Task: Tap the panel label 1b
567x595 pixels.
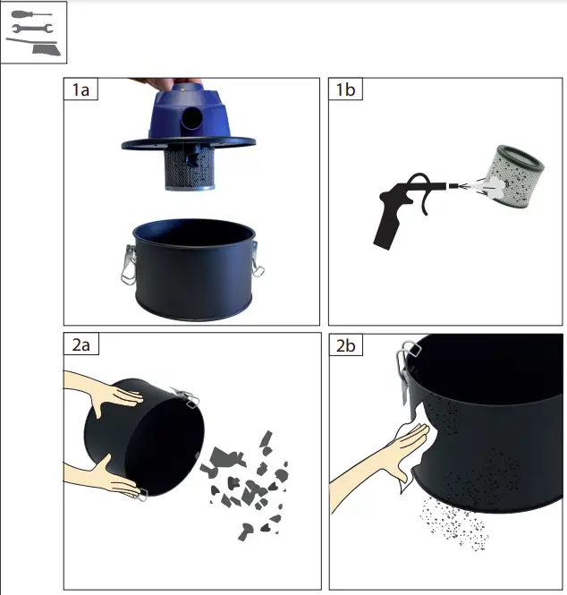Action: click(x=345, y=90)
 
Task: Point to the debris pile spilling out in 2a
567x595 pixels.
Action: click(x=247, y=483)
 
